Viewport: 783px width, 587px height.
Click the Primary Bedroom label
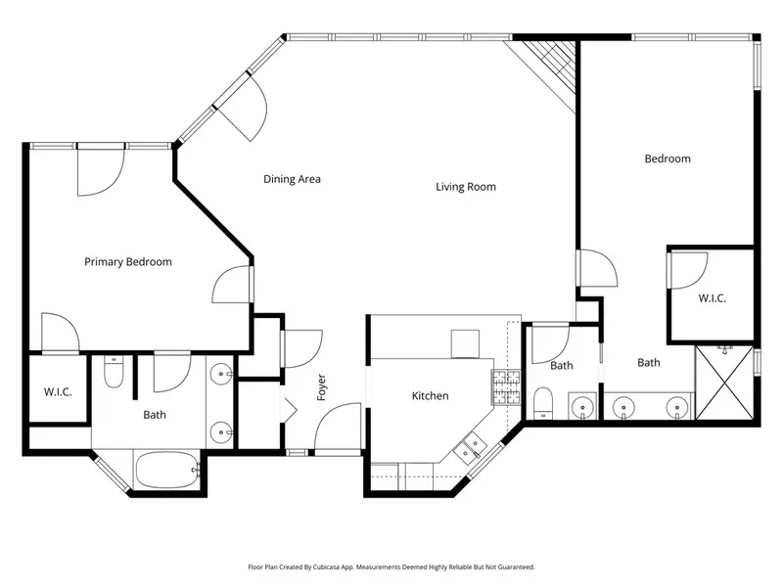tap(128, 261)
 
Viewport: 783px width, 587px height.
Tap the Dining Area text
tap(292, 179)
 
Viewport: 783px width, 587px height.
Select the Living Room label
tap(466, 186)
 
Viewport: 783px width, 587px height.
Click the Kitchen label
tap(430, 395)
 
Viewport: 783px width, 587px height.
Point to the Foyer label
tap(321, 388)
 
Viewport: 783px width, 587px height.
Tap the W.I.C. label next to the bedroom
tap(712, 297)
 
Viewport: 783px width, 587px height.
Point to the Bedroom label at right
tap(668, 158)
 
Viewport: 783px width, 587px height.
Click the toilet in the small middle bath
tap(541, 401)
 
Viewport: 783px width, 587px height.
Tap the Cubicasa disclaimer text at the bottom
tap(391, 566)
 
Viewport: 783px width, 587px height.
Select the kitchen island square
tap(463, 344)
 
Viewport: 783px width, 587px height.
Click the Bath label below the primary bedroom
tap(155, 414)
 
